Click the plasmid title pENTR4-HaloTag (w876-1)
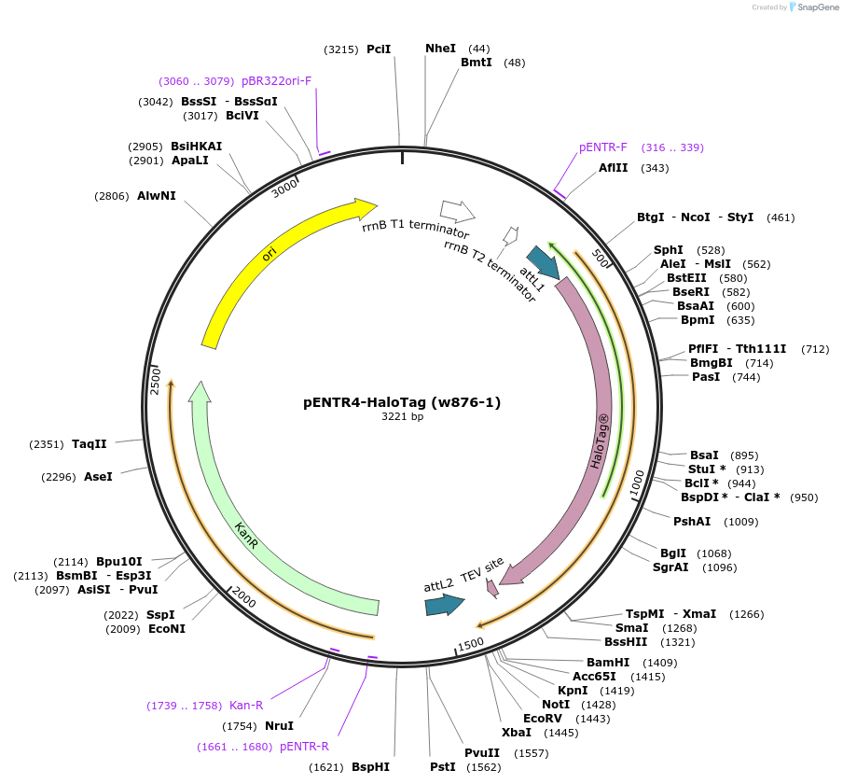[x=402, y=402]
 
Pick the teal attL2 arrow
[x=445, y=605]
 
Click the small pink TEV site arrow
[x=491, y=588]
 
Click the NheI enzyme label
[x=441, y=49]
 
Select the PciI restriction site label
[x=379, y=49]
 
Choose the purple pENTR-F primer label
[x=603, y=147]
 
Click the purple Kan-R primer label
[x=246, y=706]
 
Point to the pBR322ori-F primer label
[x=277, y=81]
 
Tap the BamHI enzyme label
[x=608, y=663]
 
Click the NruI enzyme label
[x=279, y=725]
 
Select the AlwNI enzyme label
[x=157, y=196]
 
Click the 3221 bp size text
[x=403, y=417]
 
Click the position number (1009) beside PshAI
[x=741, y=522]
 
